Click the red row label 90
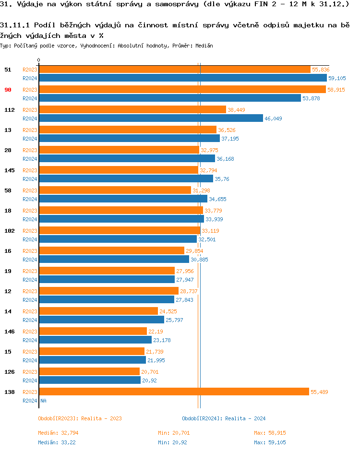pos(8,90)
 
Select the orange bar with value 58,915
pos(182,90)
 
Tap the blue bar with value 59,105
pos(183,78)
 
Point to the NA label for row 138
pos(43,401)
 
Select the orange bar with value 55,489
pos(174,392)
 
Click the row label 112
pos(10,110)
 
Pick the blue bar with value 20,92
pos(90,380)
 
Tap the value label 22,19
pos(156,332)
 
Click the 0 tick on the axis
pos(39,60)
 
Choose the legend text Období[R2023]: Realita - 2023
pos(80,418)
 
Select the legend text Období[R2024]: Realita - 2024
pos(224,418)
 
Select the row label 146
pos(10,332)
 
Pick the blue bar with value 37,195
pos(129,139)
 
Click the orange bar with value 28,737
pos(108,291)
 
